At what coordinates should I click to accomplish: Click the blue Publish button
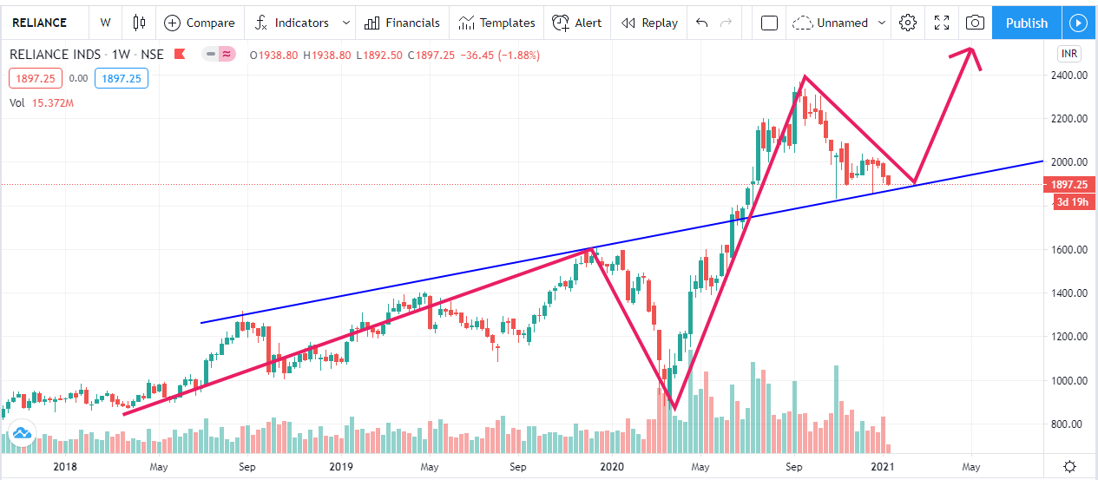[x=1026, y=23]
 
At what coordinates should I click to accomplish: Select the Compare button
[x=199, y=23]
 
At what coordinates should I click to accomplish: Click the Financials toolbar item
[x=402, y=23]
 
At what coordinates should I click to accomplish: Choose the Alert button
[x=577, y=23]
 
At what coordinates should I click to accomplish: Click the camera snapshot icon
[x=975, y=23]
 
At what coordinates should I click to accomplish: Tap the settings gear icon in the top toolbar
[x=908, y=23]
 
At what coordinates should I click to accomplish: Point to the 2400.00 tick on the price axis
[x=1068, y=76]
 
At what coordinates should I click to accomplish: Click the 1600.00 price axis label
[x=1068, y=250]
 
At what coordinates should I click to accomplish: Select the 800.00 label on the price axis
[x=1068, y=424]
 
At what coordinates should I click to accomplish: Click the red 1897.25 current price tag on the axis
[x=1069, y=185]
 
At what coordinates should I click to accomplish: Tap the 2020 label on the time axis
[x=612, y=466]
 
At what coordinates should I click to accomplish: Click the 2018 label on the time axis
[x=66, y=466]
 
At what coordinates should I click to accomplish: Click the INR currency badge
[x=1069, y=54]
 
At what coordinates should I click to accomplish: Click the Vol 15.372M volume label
[x=41, y=102]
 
